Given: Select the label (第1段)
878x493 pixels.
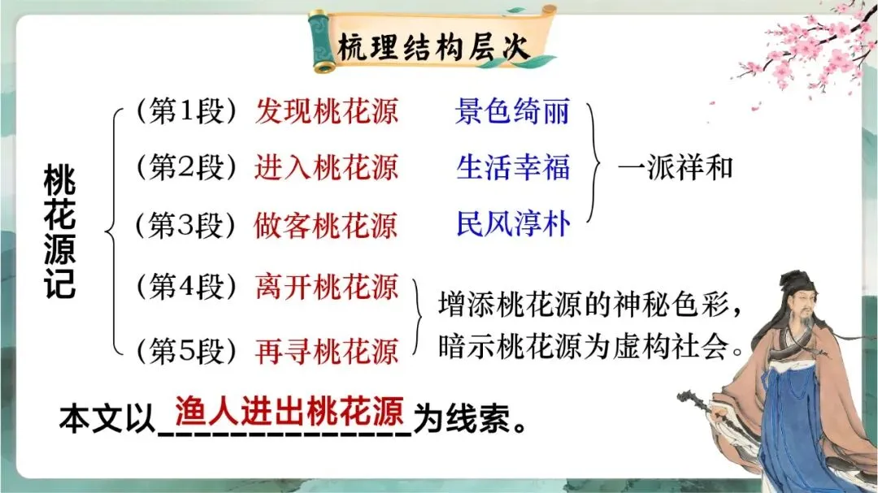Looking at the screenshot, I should (185, 111).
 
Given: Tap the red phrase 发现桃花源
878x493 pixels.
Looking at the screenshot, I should (327, 111).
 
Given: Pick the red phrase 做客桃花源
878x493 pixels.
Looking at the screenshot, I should (327, 224).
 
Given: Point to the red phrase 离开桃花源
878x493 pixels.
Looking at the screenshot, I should (327, 287).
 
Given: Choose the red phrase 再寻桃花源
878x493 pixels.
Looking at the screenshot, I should (327, 350).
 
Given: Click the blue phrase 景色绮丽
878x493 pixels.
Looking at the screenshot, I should (513, 111).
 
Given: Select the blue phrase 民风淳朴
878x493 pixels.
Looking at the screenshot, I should (513, 224).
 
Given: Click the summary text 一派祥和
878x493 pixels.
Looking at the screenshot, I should (676, 167).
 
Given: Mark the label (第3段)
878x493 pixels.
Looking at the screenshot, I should (185, 224).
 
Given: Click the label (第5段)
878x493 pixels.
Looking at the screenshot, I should (185, 350).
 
